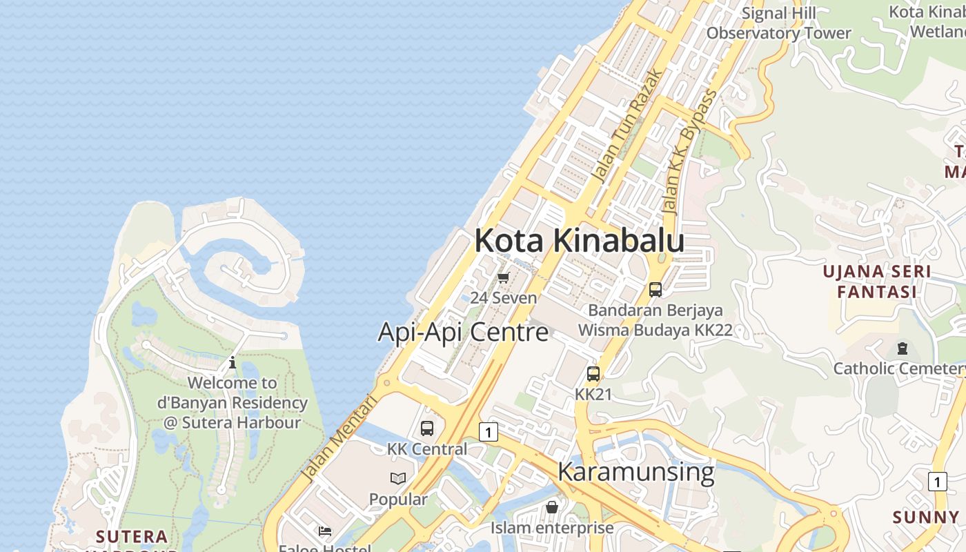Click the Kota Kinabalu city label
click(x=579, y=241)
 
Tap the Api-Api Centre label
click(x=463, y=332)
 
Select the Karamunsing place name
click(x=635, y=472)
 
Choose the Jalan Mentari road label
click(x=341, y=437)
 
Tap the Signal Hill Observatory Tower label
click(x=778, y=23)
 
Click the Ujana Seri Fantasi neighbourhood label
click(x=876, y=282)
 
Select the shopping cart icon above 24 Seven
click(x=503, y=278)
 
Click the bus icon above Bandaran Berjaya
click(x=655, y=290)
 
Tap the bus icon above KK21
click(x=593, y=374)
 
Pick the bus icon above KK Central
click(x=427, y=428)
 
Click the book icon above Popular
click(x=398, y=478)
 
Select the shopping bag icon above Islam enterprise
click(x=552, y=508)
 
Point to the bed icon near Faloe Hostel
click(x=325, y=531)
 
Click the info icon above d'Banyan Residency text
click(x=233, y=362)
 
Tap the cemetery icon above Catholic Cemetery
click(x=902, y=348)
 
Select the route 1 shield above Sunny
click(x=937, y=481)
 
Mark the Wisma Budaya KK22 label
click(x=655, y=330)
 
